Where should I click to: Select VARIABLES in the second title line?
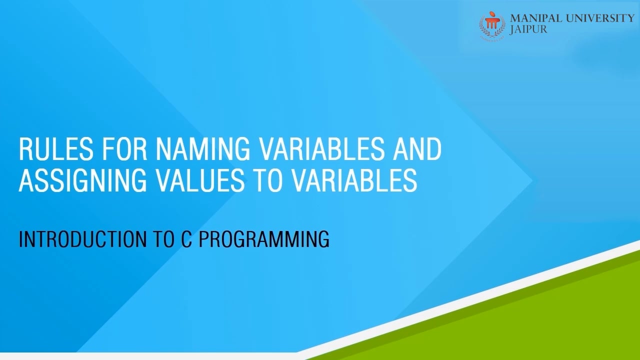point(355,180)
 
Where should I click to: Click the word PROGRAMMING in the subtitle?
point(264,239)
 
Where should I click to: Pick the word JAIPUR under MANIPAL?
point(528,29)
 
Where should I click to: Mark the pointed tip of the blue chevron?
point(531,180)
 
